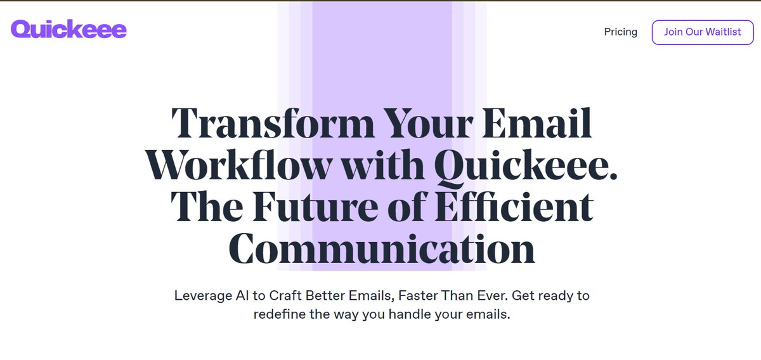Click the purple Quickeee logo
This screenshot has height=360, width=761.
[x=68, y=29]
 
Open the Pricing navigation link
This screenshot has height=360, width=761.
[x=620, y=32]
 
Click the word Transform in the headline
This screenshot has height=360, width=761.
[x=273, y=123]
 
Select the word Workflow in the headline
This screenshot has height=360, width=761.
[x=239, y=165]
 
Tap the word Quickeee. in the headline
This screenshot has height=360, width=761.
[x=526, y=167]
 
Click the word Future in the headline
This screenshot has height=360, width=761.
[x=315, y=207]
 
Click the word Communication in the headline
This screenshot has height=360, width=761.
[x=382, y=248]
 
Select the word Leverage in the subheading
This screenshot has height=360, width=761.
[x=203, y=296]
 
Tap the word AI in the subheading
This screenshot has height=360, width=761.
[x=242, y=295]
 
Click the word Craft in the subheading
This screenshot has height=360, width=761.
[x=285, y=295]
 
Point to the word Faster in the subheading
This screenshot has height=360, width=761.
[x=417, y=295]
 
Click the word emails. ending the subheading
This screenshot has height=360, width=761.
[x=488, y=314]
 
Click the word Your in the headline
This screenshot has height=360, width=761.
[x=428, y=123]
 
